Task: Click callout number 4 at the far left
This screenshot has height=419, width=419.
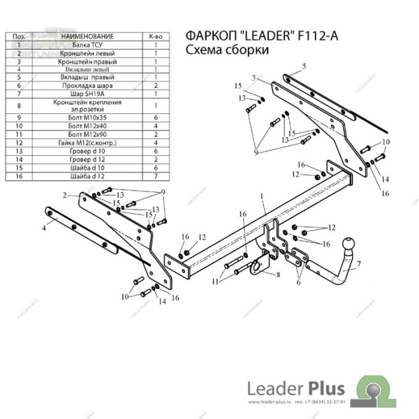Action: (x=43, y=227)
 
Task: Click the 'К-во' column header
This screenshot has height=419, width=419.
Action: (x=156, y=34)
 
